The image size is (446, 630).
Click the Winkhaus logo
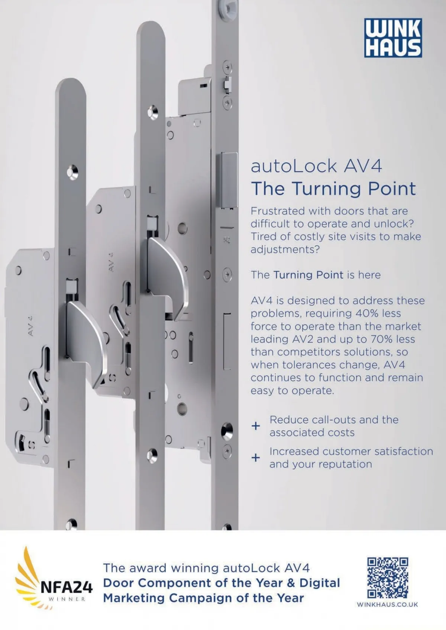tap(393, 38)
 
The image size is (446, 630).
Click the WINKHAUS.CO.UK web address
tap(387, 604)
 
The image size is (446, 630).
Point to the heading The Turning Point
tap(333, 189)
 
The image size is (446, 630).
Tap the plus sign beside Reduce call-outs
tap(255, 426)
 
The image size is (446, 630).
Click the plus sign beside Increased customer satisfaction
tap(255, 458)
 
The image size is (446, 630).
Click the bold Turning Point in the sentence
tap(308, 275)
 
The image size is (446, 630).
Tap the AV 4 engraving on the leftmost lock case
tap(30, 326)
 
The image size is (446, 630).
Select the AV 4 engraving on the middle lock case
tap(111, 262)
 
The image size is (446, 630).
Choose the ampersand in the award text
tap(291, 583)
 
